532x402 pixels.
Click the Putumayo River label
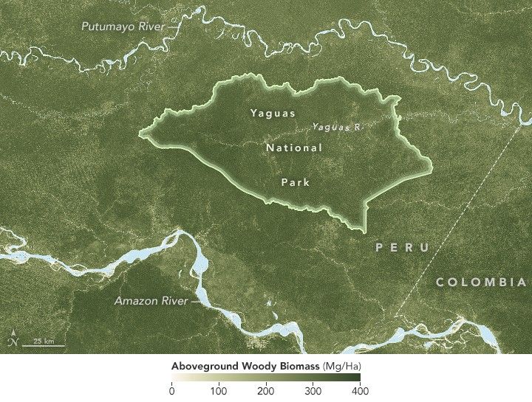[x=122, y=27]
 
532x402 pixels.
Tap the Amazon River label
[x=150, y=301]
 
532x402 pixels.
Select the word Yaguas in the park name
[x=273, y=114]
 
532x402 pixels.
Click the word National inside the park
[x=294, y=148]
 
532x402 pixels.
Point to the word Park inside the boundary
[x=298, y=181]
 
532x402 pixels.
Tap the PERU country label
[x=402, y=248]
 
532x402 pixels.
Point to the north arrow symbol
[x=11, y=340]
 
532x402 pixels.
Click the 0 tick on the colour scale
[x=172, y=391]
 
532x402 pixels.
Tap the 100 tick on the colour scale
[x=219, y=391]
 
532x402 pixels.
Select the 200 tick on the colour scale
[x=266, y=391]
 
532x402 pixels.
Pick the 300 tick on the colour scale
[x=313, y=391]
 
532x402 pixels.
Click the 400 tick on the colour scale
[x=360, y=391]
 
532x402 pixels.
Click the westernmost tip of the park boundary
[x=140, y=134]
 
